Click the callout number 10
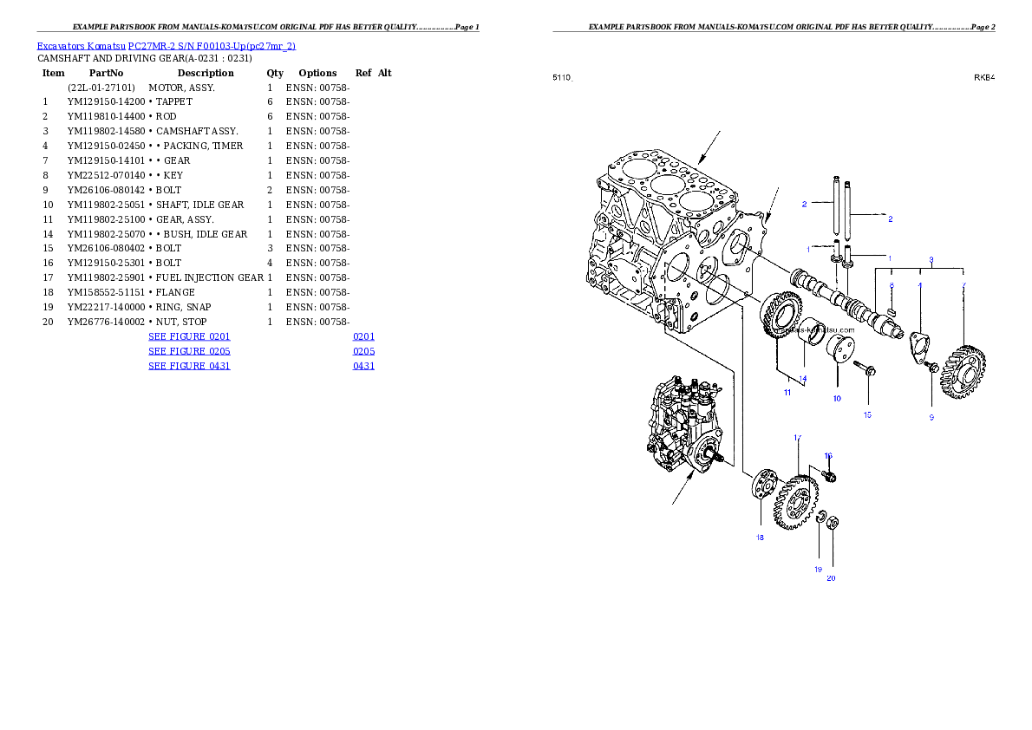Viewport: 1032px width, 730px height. [837, 399]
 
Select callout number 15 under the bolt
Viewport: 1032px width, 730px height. [867, 415]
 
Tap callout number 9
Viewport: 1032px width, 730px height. [931, 417]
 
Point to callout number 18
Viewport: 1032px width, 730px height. [760, 538]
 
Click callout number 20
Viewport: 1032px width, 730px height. [831, 578]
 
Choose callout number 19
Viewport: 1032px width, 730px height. [817, 570]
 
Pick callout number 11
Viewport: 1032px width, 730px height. [787, 393]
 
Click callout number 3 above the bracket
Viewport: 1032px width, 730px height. [931, 259]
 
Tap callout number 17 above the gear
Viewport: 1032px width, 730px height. [797, 438]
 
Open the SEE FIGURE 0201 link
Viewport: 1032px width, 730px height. [189, 336]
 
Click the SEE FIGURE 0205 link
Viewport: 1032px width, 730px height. [189, 351]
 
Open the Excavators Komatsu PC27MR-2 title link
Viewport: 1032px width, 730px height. [166, 46]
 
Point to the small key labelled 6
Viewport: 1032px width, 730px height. [893, 303]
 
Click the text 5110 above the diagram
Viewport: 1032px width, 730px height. [562, 78]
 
